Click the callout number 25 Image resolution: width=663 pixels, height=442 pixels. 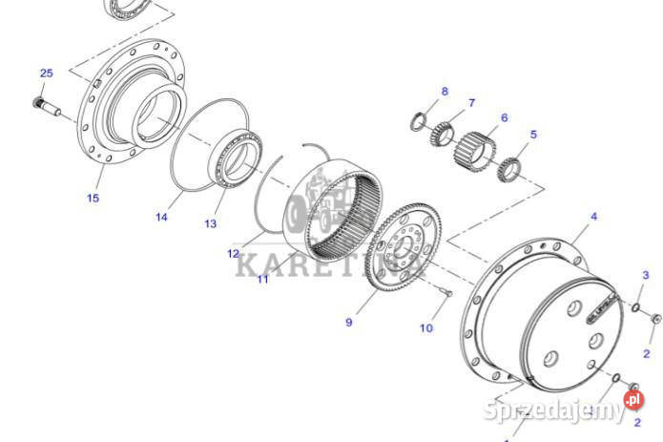coord(47,74)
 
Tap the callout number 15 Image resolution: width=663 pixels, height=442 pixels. coord(93,198)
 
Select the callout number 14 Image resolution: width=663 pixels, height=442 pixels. coord(162,217)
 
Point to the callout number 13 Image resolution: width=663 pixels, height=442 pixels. coord(211,223)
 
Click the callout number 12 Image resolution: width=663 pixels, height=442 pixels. coord(234,254)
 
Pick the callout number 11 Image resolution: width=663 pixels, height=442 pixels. coord(262,279)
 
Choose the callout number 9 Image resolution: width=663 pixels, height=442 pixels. coord(348,323)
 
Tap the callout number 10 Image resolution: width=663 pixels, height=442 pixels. coord(425,327)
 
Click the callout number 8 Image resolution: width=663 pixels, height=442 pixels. coord(444,92)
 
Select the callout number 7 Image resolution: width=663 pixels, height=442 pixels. coord(470,102)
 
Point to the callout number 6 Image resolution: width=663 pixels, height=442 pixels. coord(504,118)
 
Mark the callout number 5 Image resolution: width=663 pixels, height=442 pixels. coord(533,135)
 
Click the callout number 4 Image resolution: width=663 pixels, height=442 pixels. coord(593,217)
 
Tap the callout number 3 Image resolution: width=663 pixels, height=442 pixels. coord(646,275)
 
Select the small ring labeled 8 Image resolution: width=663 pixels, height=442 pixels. coord(418,120)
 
